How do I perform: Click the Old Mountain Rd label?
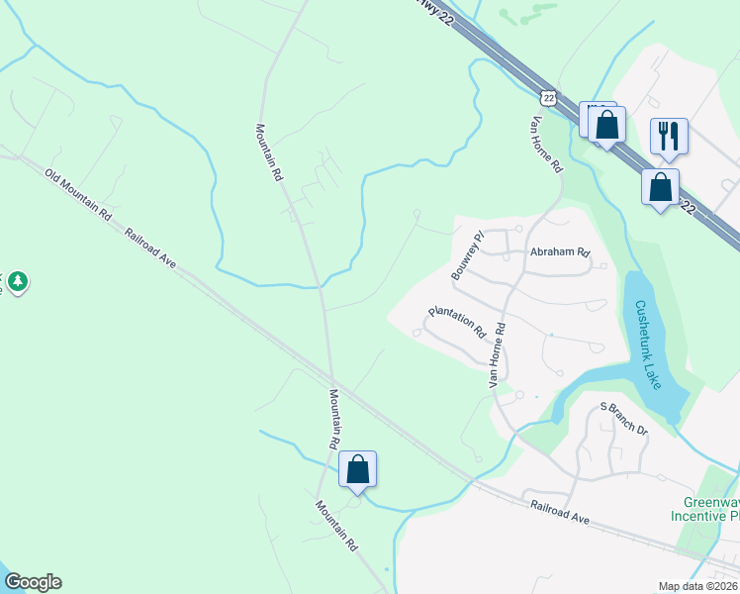pos(78,194)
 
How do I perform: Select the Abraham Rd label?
pos(560,252)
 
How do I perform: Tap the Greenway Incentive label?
pos(706,509)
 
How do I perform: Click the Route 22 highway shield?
pos(549,95)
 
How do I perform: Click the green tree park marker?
pos(17,283)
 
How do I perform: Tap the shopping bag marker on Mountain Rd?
pos(357,469)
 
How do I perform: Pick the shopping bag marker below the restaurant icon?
pos(660,186)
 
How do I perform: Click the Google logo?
pos(33,582)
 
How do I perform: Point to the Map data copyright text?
pos(698,586)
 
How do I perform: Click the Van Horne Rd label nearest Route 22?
pos(546,143)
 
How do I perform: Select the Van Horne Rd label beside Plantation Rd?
pos(497,353)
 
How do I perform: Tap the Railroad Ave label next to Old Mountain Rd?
pos(150,249)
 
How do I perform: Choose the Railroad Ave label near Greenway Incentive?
pos(560,519)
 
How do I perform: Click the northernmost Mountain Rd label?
pos(269,151)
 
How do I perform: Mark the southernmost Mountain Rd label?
pos(336,525)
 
